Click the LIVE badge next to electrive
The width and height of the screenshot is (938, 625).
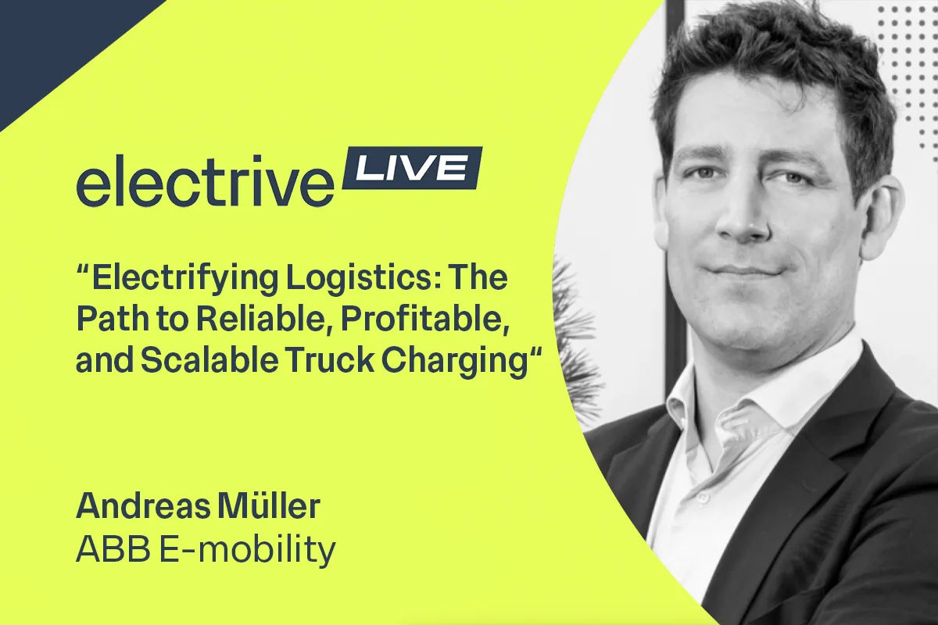point(413,168)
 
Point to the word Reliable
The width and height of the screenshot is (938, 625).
point(265,319)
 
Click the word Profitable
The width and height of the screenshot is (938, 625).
point(425,319)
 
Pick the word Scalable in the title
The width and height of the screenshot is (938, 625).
point(209,359)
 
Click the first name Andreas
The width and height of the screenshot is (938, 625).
point(143,506)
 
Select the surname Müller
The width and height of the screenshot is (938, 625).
point(269,505)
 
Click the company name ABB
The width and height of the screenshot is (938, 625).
point(113,548)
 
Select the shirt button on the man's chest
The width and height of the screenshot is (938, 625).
point(703,498)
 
